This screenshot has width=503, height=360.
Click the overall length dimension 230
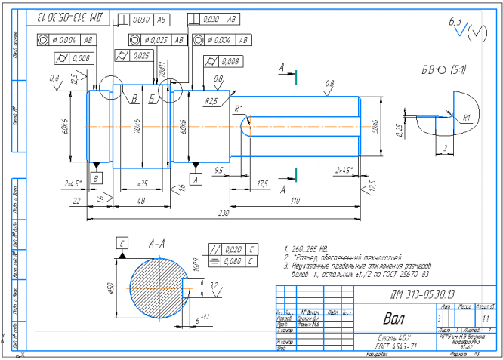coord(224,214)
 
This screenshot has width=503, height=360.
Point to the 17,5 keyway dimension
coord(263,183)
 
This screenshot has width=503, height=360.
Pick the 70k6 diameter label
coord(137,125)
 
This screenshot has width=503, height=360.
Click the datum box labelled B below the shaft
coord(96,178)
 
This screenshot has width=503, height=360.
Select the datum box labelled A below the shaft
coord(196,179)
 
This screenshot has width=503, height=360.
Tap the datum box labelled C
coord(121,242)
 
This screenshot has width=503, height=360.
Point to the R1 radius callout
coord(468,118)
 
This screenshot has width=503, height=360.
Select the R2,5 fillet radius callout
coord(212,100)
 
